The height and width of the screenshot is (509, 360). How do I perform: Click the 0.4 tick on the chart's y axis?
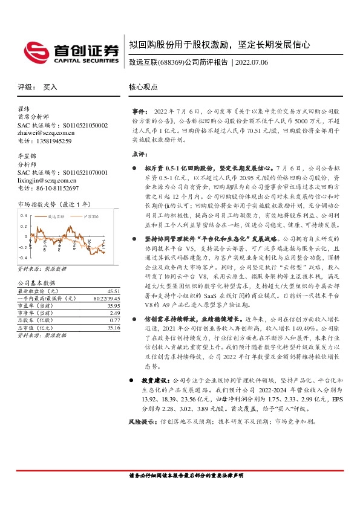pos(24,216)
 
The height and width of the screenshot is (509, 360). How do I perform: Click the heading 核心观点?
pos(142,88)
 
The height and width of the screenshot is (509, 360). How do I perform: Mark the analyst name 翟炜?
pos(24,109)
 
